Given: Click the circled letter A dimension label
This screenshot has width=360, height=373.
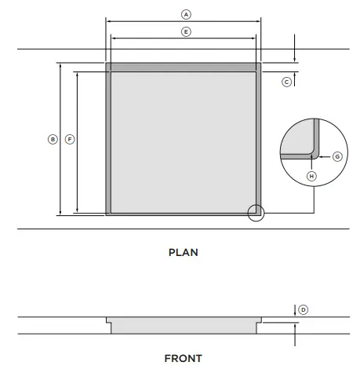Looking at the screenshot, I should [186, 14].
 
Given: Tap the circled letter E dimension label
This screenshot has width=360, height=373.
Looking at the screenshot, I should [186, 31].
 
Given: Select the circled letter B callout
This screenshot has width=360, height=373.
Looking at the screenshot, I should [53, 139].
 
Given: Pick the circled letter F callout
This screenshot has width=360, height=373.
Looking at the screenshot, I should [70, 139].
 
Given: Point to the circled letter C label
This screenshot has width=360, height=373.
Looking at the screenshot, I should [286, 81].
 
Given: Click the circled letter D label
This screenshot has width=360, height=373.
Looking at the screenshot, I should [304, 309].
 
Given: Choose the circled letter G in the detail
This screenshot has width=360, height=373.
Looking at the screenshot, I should [336, 156].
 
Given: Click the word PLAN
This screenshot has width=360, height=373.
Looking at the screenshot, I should [184, 253].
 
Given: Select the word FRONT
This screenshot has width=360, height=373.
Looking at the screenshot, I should [183, 358].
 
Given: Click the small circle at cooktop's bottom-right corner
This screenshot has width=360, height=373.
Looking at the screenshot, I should [256, 212].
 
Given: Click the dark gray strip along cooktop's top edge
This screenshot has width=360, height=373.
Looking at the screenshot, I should [184, 68].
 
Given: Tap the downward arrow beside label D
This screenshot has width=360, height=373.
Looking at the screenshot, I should [295, 313].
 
